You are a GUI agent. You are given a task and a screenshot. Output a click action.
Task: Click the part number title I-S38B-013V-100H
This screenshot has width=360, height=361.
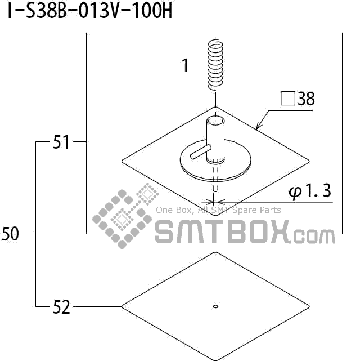coord(90,11)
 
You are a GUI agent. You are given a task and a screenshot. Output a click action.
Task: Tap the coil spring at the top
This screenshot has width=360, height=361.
coord(215,65)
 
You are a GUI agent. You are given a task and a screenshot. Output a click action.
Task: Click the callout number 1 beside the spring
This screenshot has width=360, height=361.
coord(185,65)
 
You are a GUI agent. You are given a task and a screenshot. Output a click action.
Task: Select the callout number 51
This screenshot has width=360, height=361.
coord(61,142)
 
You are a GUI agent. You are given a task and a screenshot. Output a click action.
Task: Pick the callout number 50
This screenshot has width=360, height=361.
coord(10,234)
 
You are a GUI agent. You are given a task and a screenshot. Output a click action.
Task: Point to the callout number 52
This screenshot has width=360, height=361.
coord(61,307)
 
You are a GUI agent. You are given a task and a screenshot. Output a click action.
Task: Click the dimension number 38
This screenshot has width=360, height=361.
coord(306,99)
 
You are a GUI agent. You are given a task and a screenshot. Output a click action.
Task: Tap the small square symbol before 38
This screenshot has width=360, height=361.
coord(288,99)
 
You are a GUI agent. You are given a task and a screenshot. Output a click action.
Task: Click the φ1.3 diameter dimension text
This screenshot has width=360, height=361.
coord(310,191)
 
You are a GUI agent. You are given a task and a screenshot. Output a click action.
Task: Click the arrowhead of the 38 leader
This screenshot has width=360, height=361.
coord(259,126)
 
